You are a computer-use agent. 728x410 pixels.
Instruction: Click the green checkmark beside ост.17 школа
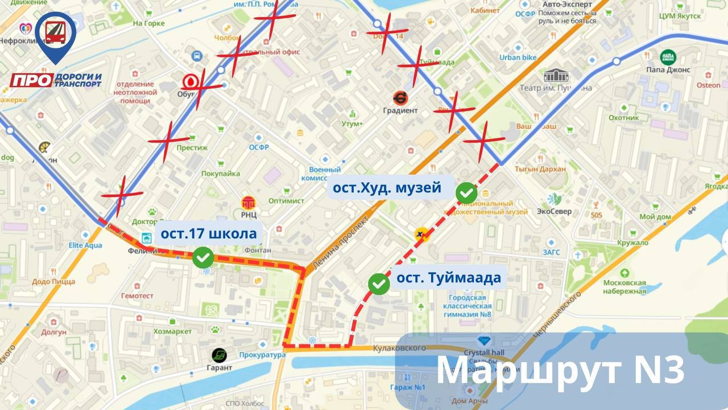coord(203,257)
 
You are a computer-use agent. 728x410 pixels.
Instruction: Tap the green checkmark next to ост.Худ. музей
coord(466,193)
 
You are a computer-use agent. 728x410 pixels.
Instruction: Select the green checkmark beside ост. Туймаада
coord(379,284)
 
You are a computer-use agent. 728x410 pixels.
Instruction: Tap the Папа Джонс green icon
coord(668,57)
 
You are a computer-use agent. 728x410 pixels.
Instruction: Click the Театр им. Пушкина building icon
coord(555,76)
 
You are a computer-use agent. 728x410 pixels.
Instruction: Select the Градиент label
coord(400,110)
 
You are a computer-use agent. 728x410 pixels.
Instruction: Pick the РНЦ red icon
coord(249,203)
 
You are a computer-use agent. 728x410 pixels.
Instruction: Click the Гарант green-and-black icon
coord(220,355)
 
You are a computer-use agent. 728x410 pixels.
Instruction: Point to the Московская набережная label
coord(624,287)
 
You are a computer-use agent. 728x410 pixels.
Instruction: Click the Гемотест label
coord(137,296)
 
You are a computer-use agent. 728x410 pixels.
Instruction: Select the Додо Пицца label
coord(53,281)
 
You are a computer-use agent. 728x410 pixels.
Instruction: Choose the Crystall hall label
coord(484,352)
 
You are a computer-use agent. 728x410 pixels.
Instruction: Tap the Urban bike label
coord(518,58)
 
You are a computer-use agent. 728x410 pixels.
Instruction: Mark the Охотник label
coord(624,118)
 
